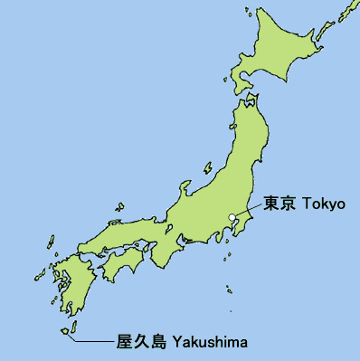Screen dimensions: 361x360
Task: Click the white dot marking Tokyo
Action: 232,217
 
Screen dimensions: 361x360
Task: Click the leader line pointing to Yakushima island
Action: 95,342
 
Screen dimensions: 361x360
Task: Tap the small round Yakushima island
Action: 65,331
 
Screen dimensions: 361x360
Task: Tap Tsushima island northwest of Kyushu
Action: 48,243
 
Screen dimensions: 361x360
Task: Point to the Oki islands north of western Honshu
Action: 117,218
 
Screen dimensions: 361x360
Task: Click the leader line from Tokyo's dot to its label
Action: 247,210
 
